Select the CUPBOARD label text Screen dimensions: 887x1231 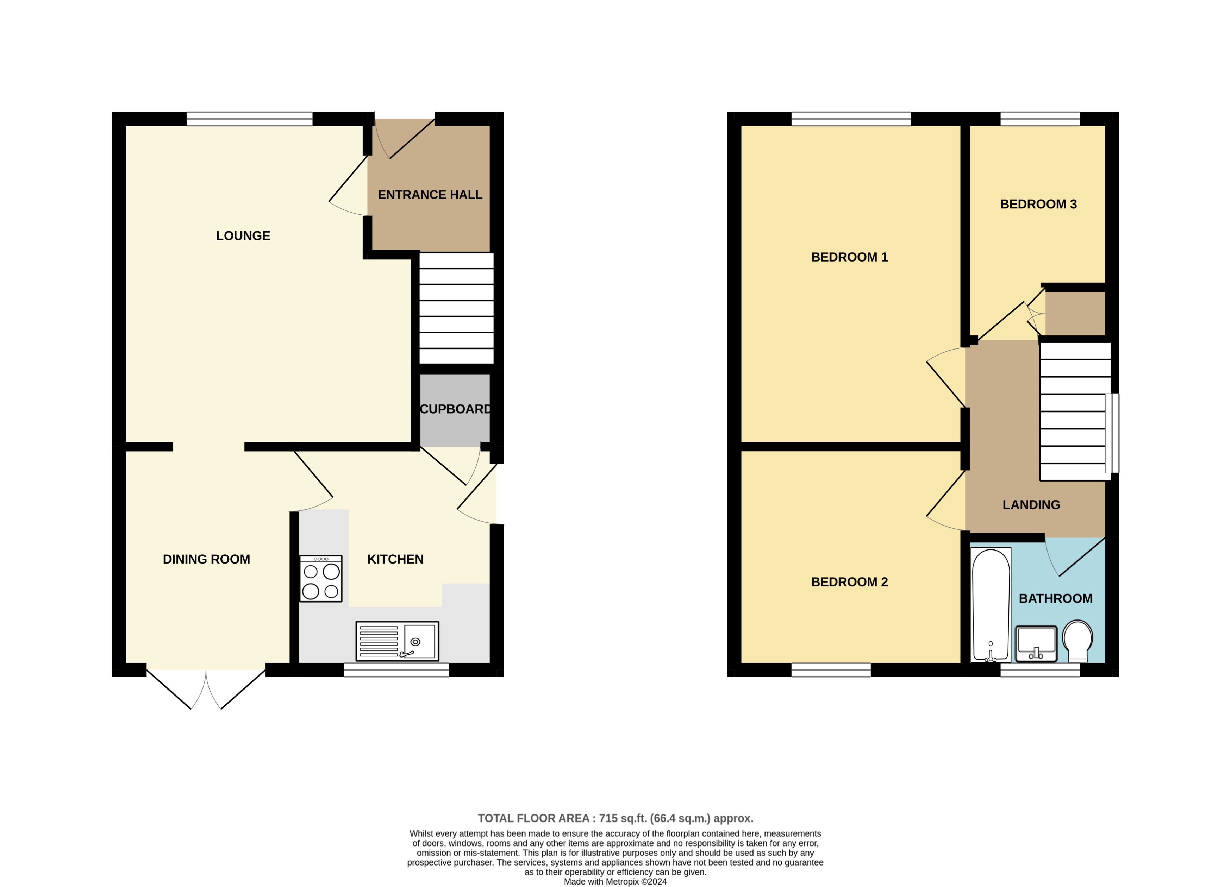(455, 409)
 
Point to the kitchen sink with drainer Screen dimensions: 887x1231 (397, 641)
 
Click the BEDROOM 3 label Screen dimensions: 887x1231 (1038, 204)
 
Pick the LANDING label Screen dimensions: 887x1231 (1031, 504)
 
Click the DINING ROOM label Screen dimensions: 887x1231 (206, 559)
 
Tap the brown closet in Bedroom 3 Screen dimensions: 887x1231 (1074, 314)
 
